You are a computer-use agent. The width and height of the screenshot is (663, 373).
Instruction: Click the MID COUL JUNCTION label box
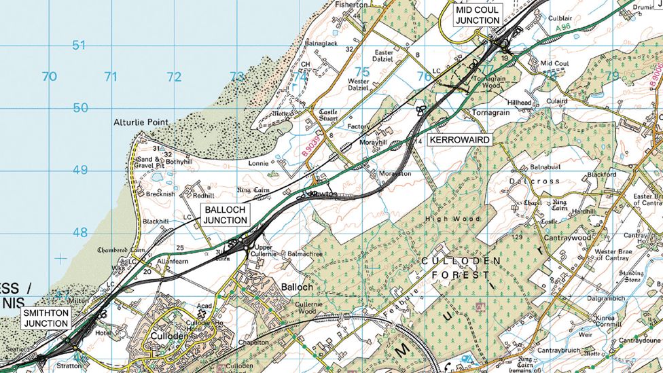click(x=478, y=15)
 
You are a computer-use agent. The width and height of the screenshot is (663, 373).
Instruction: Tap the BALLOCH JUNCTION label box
click(x=226, y=215)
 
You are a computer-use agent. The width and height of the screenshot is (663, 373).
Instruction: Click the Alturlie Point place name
click(x=141, y=122)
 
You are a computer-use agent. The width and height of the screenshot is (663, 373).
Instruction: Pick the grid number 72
click(x=174, y=77)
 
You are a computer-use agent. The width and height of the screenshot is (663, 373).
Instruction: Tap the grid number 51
click(x=80, y=46)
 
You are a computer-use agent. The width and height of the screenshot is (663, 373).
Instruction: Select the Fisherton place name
click(x=351, y=4)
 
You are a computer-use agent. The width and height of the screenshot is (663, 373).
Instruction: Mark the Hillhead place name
click(x=518, y=102)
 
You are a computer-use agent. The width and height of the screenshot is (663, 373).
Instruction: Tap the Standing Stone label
click(x=630, y=277)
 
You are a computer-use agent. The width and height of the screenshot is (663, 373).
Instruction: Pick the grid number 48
click(x=80, y=232)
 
